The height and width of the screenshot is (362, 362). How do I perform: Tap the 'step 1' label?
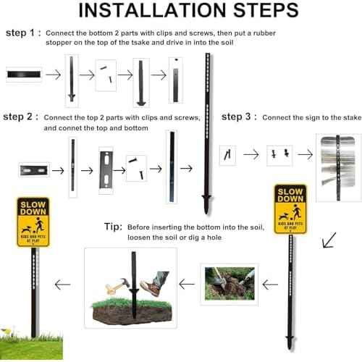22,33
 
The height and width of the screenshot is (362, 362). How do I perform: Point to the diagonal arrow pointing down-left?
330,240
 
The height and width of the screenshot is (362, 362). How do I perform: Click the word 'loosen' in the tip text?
142,237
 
